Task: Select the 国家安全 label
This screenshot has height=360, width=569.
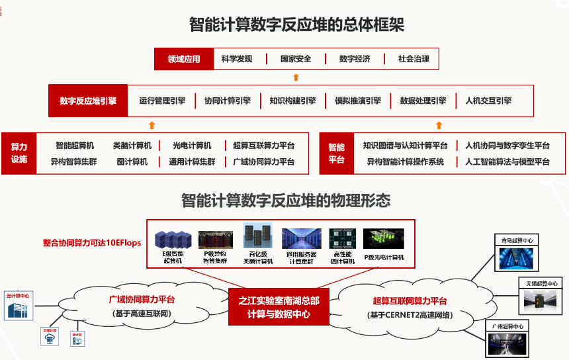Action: point(296,59)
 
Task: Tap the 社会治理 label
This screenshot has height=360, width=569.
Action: point(414,59)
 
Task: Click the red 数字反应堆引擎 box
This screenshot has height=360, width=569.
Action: point(87,101)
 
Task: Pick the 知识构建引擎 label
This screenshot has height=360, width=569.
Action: point(292,101)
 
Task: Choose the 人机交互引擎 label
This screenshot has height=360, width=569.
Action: point(488,101)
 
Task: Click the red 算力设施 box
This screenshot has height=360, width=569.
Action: point(19,153)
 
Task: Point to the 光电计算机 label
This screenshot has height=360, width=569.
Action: point(192,146)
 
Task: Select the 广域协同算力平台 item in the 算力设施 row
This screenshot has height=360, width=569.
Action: point(263,161)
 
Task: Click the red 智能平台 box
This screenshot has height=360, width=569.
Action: point(337,153)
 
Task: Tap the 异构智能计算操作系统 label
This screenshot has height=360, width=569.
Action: point(405,161)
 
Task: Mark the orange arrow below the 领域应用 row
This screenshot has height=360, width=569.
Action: point(296,77)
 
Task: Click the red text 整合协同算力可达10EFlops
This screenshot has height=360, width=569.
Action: point(92,243)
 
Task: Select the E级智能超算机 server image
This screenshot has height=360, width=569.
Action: point(173,239)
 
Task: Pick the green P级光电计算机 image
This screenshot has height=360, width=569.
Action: point(384,238)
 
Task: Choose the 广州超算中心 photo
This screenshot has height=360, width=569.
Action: point(509,343)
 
